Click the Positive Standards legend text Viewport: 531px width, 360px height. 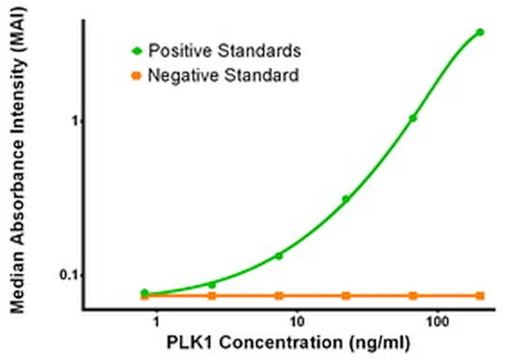click(x=225, y=51)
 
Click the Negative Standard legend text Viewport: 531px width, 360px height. click(x=222, y=76)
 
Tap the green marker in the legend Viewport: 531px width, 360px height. click(x=136, y=51)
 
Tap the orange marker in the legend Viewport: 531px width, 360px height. click(x=136, y=77)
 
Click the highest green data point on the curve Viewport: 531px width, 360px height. click(x=480, y=32)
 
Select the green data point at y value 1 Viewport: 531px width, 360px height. click(x=413, y=118)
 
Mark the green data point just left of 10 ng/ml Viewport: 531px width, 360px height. click(x=279, y=256)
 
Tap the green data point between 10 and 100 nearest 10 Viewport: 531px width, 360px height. click(x=346, y=198)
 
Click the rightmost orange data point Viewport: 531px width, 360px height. click(x=480, y=296)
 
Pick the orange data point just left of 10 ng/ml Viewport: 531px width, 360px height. click(x=279, y=296)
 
